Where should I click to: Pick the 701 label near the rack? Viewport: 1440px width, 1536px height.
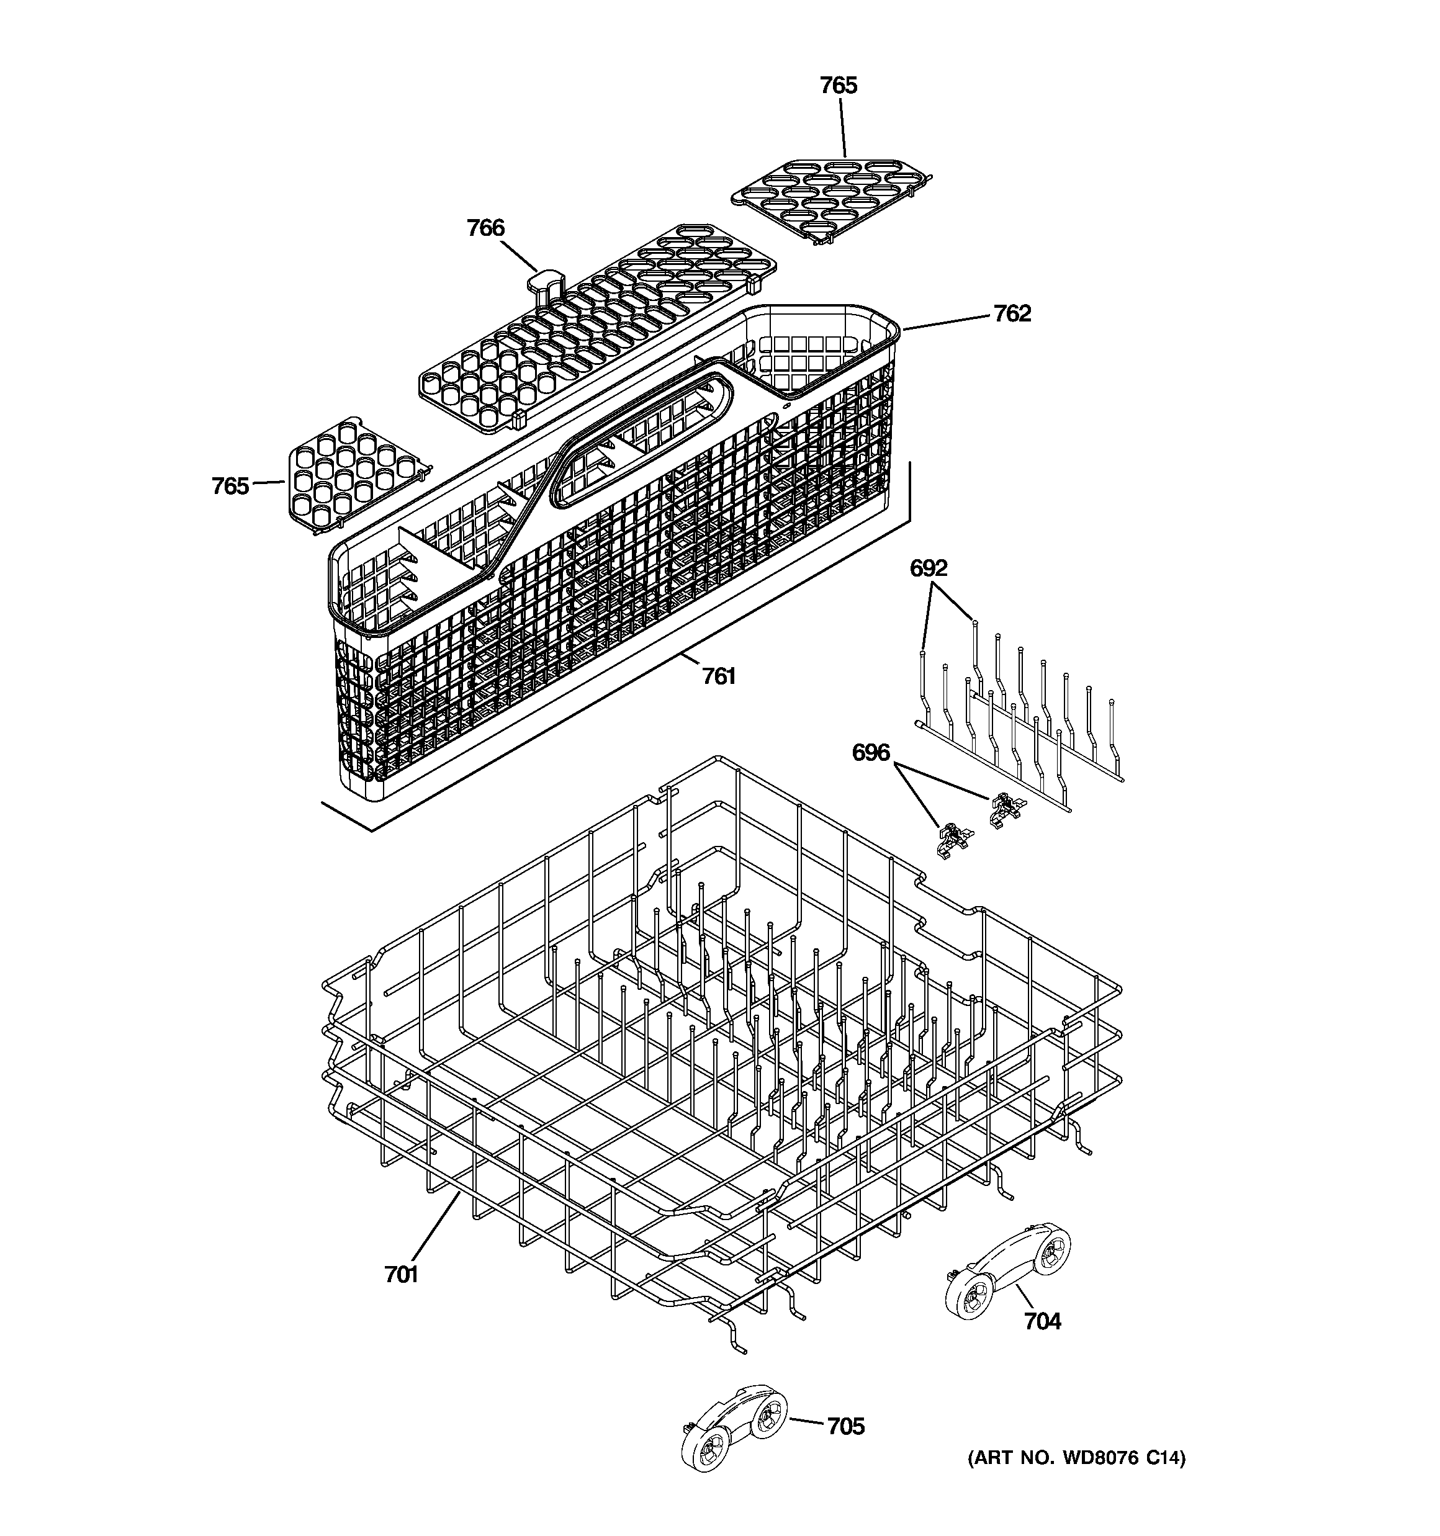(401, 1274)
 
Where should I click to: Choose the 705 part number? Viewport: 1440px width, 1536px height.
(845, 1426)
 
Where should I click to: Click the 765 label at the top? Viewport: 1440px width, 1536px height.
(838, 85)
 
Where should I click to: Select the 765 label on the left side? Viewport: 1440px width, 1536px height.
(230, 486)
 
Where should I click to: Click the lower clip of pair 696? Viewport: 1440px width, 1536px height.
(953, 841)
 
